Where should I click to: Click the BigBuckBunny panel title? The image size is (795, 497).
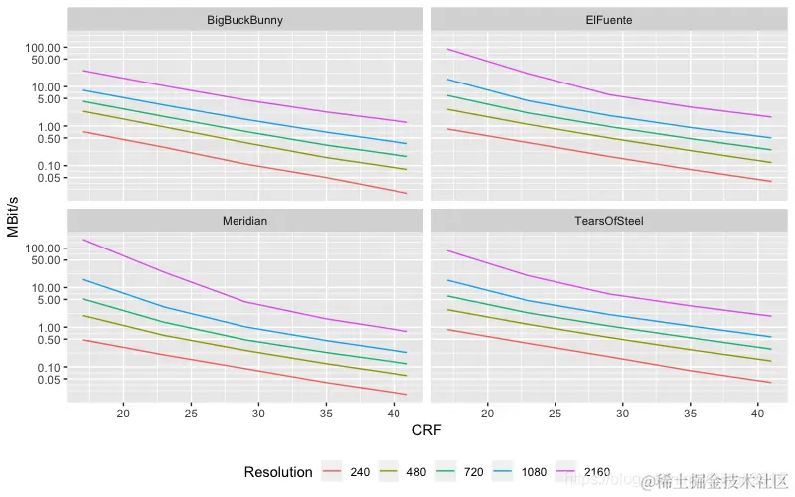244,20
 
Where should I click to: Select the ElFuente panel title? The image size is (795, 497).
609,20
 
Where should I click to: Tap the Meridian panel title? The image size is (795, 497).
244,220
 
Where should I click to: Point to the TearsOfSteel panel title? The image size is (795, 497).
609,220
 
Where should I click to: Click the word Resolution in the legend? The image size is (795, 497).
278,472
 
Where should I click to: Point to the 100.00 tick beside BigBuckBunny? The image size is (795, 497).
49,48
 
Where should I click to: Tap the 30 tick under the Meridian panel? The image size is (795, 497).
258,413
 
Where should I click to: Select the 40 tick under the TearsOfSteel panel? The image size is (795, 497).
757,413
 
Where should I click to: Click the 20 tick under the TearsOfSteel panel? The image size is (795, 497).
488,413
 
